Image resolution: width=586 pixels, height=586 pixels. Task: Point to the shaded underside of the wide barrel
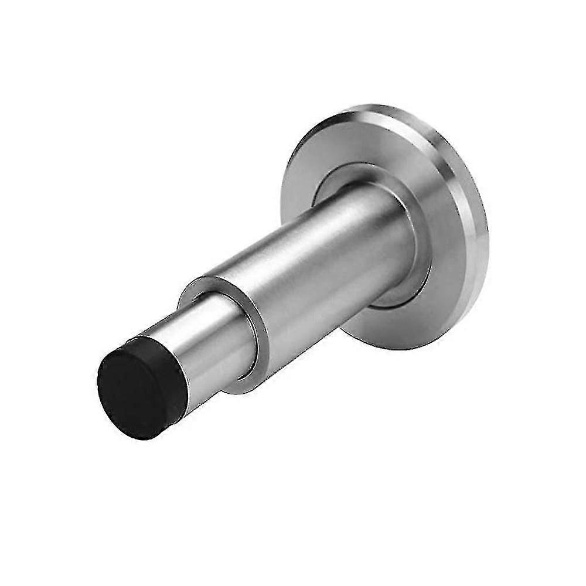[328, 316]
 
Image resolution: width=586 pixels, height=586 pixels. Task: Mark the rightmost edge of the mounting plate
[488, 246]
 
